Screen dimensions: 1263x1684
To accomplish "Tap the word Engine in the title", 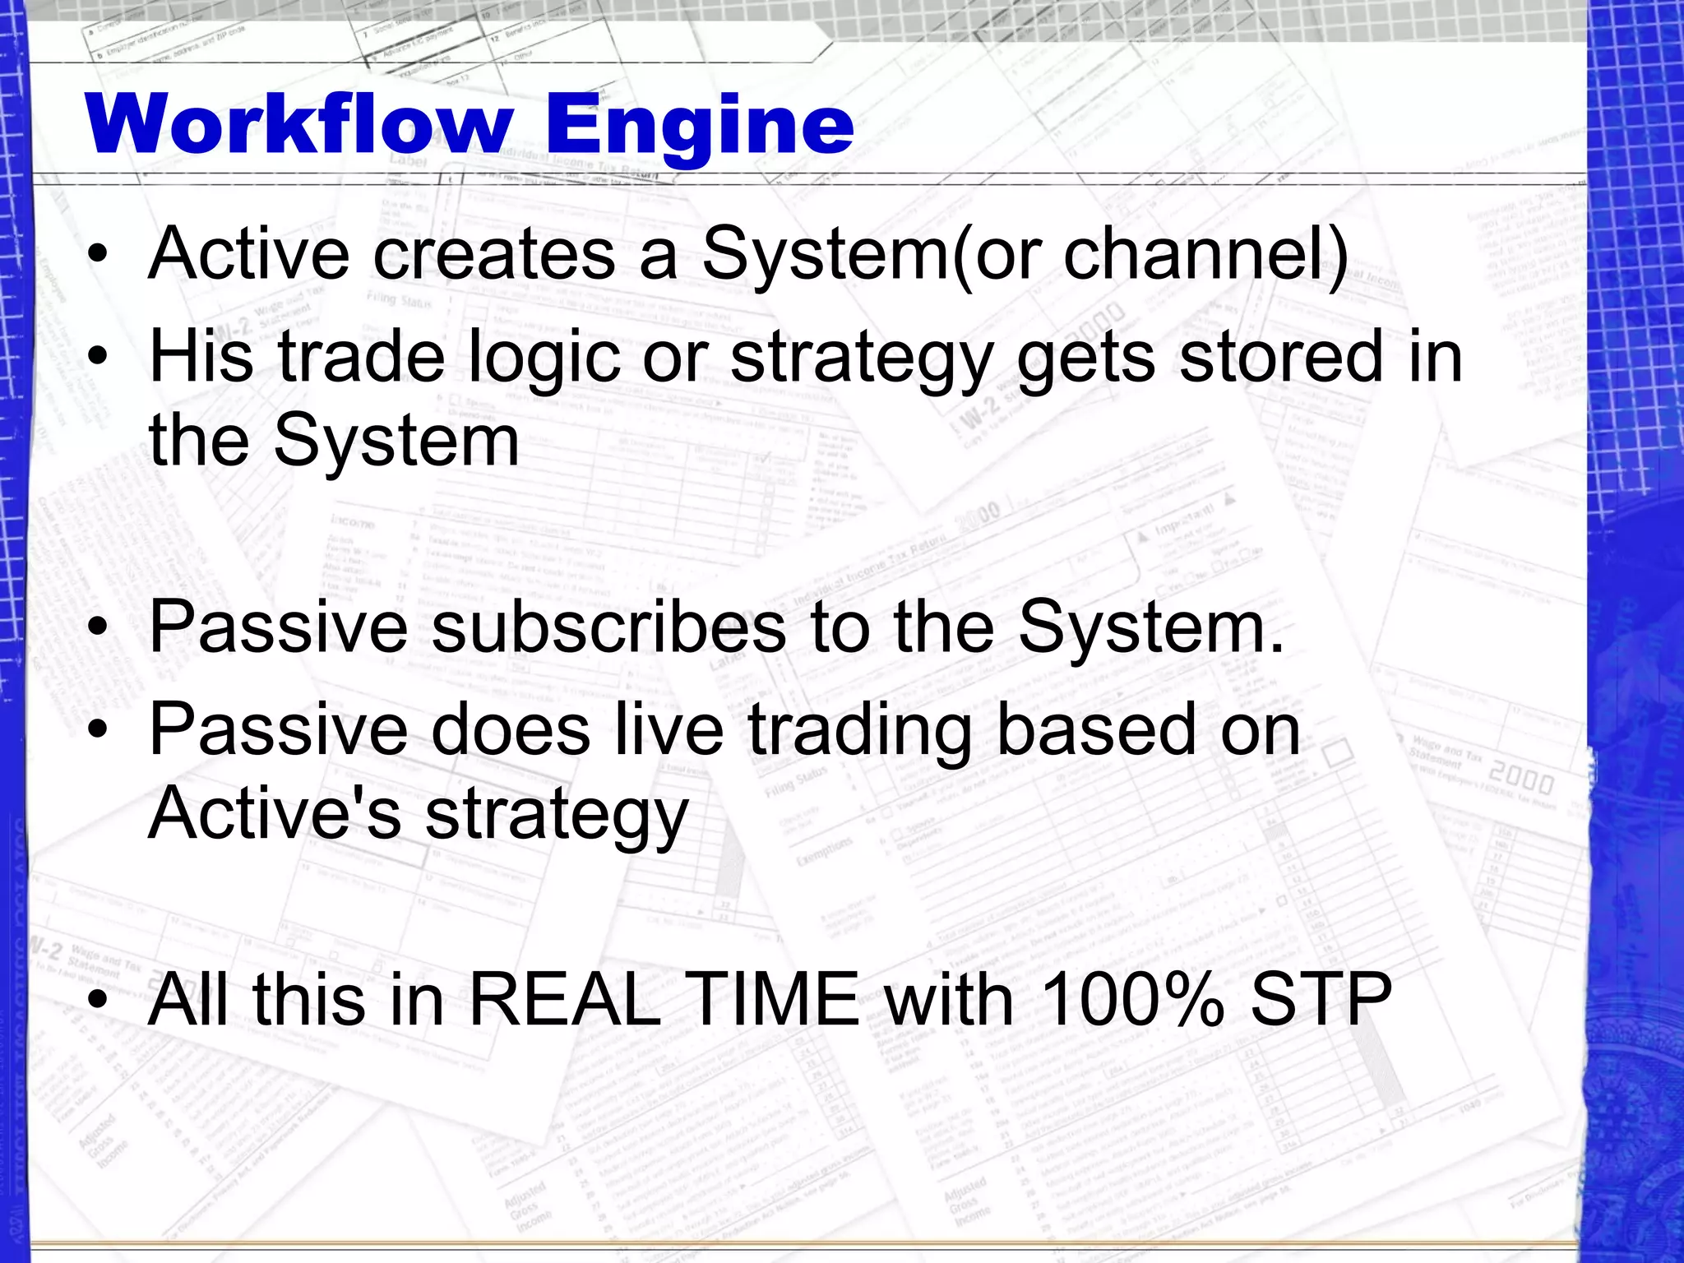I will coord(699,125).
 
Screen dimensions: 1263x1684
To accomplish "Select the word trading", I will coord(860,732).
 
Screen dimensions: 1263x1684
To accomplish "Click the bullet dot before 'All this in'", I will coord(99,1001).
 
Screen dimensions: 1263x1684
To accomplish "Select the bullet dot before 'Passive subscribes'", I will coord(99,628).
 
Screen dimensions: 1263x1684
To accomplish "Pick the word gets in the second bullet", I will coord(1086,359).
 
